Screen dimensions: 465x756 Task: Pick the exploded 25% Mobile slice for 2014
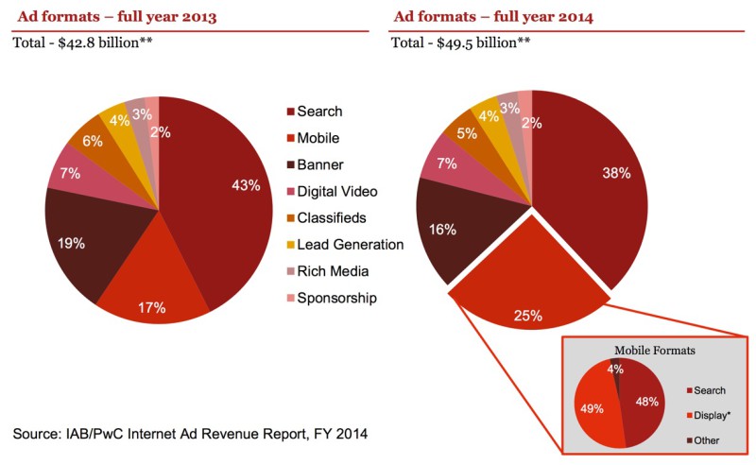click(529, 302)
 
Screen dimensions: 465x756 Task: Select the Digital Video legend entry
click(336, 192)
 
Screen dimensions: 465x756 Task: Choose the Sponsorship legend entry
click(336, 299)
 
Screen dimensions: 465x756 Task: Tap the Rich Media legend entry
click(332, 272)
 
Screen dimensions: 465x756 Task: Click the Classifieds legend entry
click(331, 218)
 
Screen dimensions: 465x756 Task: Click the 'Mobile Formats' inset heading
click(654, 350)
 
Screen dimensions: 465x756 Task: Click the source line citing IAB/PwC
click(189, 434)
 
